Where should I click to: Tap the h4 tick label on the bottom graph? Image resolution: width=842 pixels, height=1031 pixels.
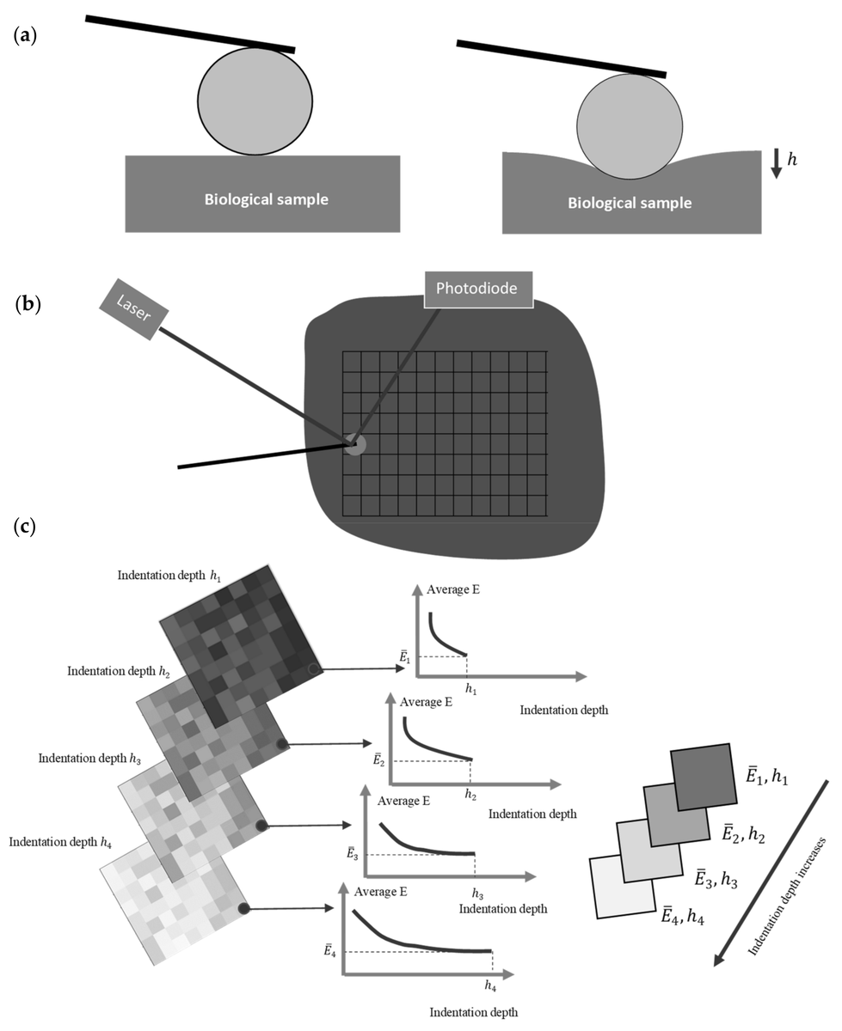tap(490, 985)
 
